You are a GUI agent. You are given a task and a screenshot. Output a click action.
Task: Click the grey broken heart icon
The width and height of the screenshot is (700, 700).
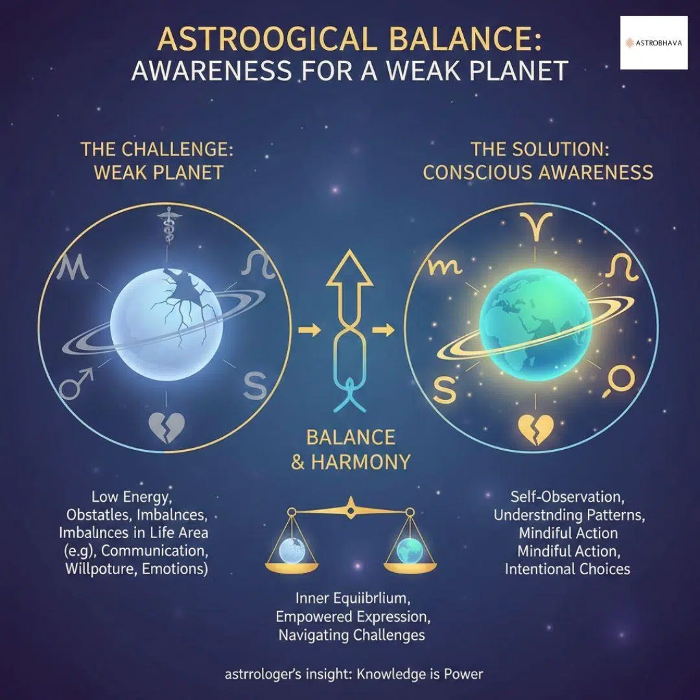click(167, 426)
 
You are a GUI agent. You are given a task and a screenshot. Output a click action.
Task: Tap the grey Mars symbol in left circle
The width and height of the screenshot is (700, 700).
click(76, 384)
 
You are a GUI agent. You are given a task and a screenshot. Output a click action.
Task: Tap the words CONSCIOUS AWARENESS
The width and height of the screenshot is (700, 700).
click(537, 172)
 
